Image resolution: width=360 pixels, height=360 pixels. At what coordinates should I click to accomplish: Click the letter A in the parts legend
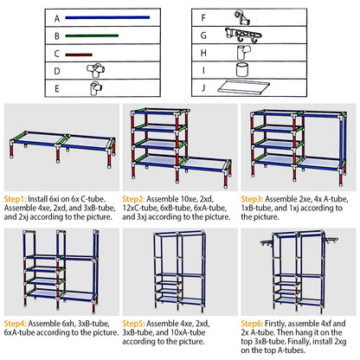pos(56,17)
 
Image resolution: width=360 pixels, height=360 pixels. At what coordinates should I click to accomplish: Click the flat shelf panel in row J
pos(246,87)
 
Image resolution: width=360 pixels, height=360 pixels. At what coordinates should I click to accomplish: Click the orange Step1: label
pos(18,198)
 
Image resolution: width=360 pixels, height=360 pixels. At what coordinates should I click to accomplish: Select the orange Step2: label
pos(140,198)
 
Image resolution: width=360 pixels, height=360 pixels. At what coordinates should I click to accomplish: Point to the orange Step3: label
pos(258,198)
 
